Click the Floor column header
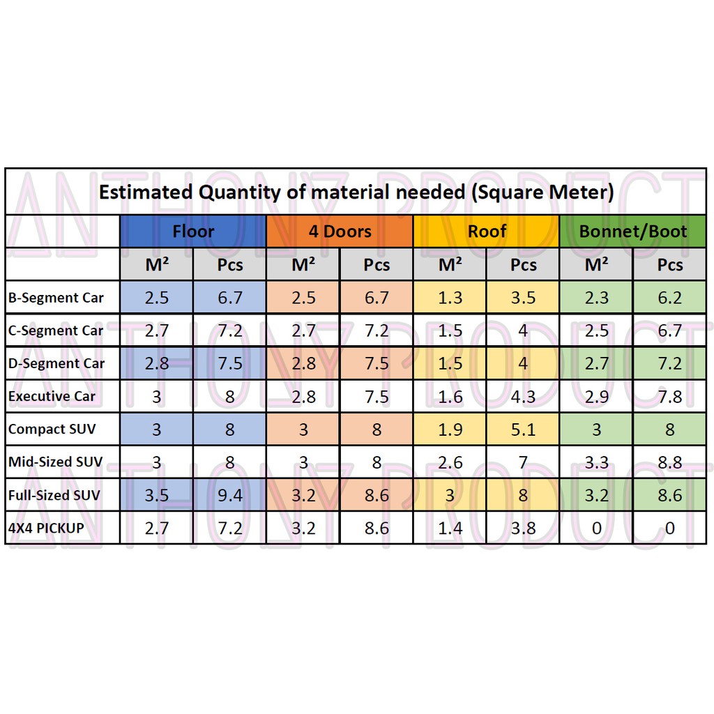coord(193,231)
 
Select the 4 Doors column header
coord(340,231)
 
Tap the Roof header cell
coord(487,231)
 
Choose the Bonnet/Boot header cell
coord(633,231)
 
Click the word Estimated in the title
coord(146,192)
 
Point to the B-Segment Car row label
coord(56,298)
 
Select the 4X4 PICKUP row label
coord(46,528)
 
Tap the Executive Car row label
coord(52,397)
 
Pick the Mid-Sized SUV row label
coord(55,462)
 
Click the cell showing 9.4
coord(229,496)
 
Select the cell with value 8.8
coord(669,462)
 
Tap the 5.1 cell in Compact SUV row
coord(523,430)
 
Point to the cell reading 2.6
coord(450,462)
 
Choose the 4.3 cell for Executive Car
coord(523,397)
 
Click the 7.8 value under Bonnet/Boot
coord(669,397)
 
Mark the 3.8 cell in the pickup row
coord(523,529)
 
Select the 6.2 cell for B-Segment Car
coord(669,298)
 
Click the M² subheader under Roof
coord(450,265)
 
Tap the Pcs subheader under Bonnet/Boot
coord(669,265)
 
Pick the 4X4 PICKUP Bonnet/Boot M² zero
coord(596,529)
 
